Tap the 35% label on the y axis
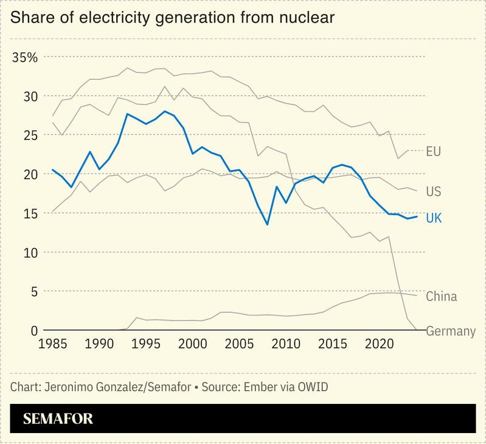pyautogui.click(x=25, y=58)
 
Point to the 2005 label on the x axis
pyautogui.click(x=239, y=344)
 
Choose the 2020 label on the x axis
pyautogui.click(x=379, y=344)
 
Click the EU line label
pyautogui.click(x=434, y=151)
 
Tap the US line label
pyautogui.click(x=434, y=192)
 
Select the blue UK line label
pyautogui.click(x=434, y=218)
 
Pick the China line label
pyautogui.click(x=441, y=297)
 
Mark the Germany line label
pyautogui.click(x=450, y=331)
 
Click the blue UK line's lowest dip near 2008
pyautogui.click(x=267, y=224)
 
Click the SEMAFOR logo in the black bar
pyautogui.click(x=58, y=419)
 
